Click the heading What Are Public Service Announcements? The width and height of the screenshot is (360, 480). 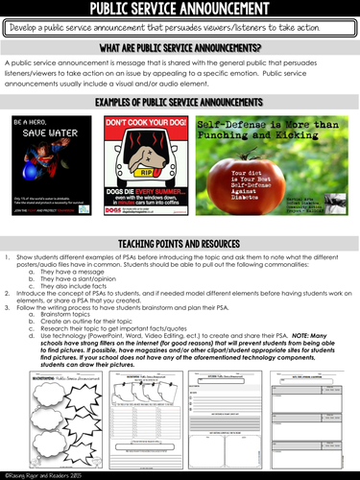(x=180, y=47)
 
